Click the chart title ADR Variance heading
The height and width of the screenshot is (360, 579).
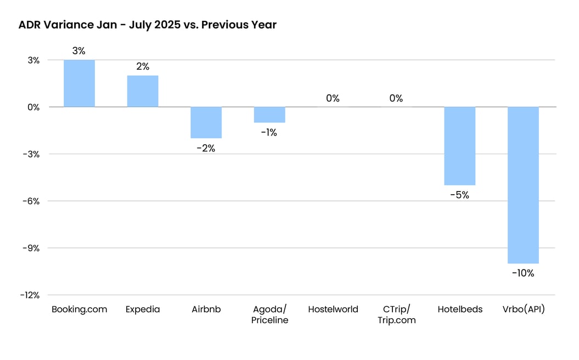pos(147,25)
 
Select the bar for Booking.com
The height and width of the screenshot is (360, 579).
pos(79,83)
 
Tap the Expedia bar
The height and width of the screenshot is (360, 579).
pos(143,91)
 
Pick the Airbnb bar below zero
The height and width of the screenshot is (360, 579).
pos(206,122)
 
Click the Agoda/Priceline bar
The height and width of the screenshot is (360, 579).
pos(269,115)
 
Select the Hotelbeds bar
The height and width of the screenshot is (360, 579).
pos(459,146)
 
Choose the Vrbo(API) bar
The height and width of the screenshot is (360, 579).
pos(523,185)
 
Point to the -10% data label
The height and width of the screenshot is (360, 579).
pos(523,273)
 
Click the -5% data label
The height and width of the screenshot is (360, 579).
pos(460,195)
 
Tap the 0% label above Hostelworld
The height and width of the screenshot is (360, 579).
pos(333,98)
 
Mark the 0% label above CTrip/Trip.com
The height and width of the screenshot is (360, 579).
pos(396,98)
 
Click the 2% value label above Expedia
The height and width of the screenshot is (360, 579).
pos(143,66)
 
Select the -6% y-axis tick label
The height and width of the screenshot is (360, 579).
pos(31,201)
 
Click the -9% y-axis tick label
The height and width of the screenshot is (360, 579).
pos(31,248)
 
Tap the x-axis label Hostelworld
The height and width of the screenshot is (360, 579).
pos(333,310)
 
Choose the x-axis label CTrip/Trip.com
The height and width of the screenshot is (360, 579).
pos(396,314)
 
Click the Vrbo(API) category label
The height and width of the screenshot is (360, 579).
pos(523,310)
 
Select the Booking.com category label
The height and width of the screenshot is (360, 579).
pos(79,310)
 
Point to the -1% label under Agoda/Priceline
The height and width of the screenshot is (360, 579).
pos(269,132)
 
